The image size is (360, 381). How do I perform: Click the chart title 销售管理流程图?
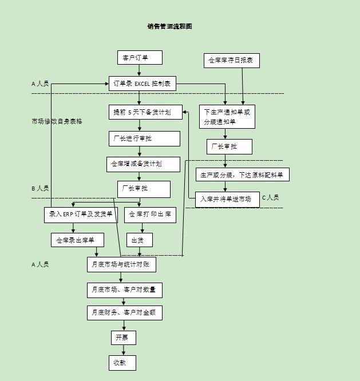[x=169, y=26]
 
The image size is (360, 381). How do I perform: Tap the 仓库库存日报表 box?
[x=232, y=60]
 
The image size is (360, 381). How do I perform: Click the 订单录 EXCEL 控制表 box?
[x=142, y=84]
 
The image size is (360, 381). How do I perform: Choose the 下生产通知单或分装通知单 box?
[x=227, y=117]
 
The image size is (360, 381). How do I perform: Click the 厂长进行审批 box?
[x=144, y=138]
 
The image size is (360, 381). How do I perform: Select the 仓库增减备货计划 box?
[x=144, y=164]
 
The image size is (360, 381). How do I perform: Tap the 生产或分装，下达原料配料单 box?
[x=243, y=174]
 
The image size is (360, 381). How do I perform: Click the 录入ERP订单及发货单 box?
[x=81, y=215]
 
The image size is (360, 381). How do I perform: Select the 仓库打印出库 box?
[x=150, y=215]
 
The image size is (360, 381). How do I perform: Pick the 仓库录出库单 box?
[x=76, y=240]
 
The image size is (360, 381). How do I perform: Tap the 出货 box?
[x=139, y=240]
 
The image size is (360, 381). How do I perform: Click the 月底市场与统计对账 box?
[x=121, y=264]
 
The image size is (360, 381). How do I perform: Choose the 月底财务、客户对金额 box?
[x=124, y=312]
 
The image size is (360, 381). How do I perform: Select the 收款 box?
[x=122, y=363]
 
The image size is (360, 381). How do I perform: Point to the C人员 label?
[x=270, y=198]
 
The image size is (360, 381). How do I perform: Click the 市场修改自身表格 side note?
[x=57, y=121]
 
